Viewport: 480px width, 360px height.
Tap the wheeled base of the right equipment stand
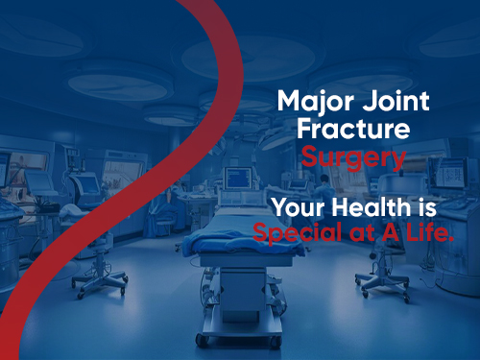coord(379,280)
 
